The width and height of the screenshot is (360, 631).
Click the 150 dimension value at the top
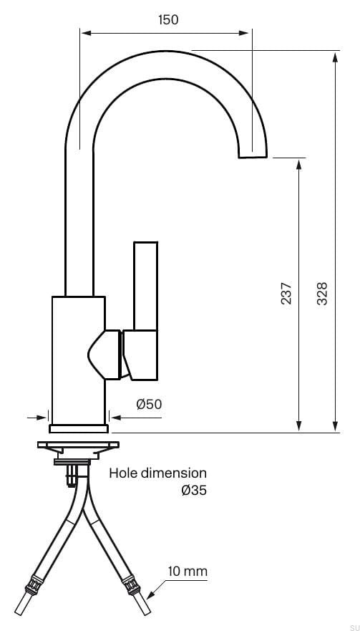tap(167, 19)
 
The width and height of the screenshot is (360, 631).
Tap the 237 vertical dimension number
tap(286, 294)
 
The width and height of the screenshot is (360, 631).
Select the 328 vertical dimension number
tap(322, 294)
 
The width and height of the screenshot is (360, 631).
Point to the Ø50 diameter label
tap(149, 404)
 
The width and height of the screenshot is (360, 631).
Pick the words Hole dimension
tap(157, 473)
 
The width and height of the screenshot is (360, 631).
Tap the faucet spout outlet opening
tap(253, 156)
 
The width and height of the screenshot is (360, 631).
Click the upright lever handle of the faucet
tap(145, 286)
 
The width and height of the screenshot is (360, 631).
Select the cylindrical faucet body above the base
tap(79, 358)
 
